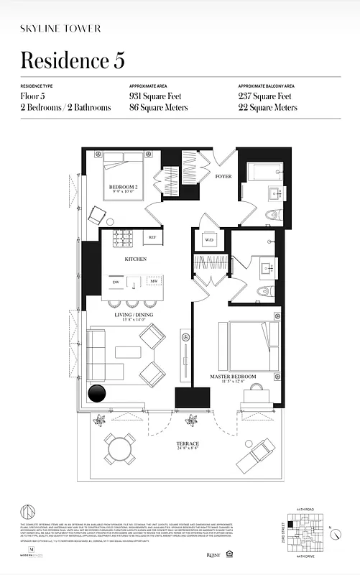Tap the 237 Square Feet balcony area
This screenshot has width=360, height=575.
coord(264,96)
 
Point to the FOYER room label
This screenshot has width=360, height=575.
coord(223,175)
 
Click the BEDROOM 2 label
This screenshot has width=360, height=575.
coord(124,188)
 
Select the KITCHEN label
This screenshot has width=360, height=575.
coord(135,259)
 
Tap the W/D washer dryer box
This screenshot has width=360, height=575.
coord(209,240)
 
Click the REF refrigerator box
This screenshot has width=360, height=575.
coord(152,237)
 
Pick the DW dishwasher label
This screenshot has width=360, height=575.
coord(116,282)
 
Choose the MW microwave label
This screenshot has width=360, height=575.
coord(152,282)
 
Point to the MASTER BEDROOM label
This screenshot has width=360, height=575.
coord(234,376)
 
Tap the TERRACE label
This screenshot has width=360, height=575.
coord(189,444)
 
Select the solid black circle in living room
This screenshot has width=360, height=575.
coord(96,394)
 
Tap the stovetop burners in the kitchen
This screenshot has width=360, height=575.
coord(121,237)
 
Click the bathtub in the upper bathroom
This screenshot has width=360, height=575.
coord(264,172)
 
